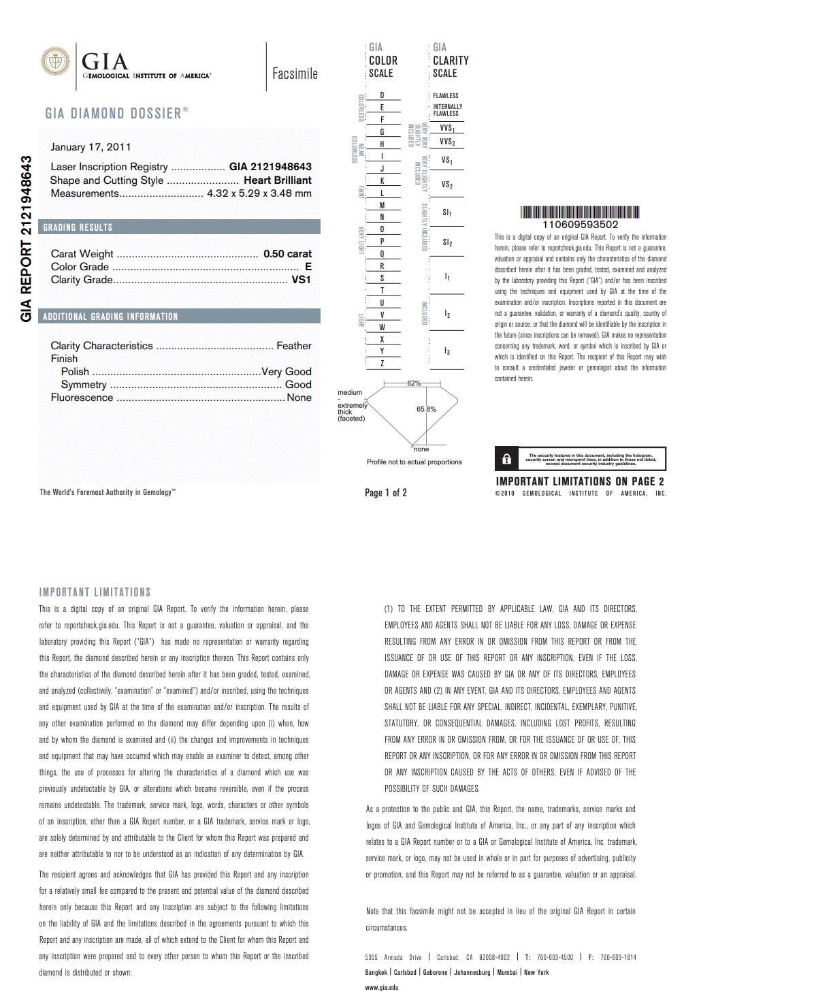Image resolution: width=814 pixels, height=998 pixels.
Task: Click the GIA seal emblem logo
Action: click(56, 61)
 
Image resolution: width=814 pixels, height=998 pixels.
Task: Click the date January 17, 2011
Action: click(91, 147)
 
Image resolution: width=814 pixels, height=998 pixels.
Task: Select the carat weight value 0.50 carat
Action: click(287, 254)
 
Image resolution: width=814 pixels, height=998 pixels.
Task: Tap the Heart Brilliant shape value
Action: click(277, 180)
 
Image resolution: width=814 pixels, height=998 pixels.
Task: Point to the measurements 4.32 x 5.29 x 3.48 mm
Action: click(259, 193)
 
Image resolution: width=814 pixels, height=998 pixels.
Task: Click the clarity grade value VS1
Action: click(301, 280)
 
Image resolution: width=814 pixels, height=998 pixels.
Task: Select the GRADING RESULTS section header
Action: click(78, 227)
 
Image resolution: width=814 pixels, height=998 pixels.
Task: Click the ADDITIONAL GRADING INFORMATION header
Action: click(110, 317)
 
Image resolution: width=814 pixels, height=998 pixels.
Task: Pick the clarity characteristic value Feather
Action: click(293, 346)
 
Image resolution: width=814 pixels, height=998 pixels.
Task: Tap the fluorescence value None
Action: click(299, 398)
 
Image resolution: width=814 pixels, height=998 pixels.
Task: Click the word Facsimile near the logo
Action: click(295, 74)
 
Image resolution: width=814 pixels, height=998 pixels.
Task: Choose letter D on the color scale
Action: click(382, 95)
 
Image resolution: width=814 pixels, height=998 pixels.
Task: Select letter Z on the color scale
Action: click(382, 364)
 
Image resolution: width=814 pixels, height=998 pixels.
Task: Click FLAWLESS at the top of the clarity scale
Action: click(446, 96)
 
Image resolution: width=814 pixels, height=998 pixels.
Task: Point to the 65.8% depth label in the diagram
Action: click(426, 409)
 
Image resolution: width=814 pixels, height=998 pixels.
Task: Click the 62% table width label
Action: click(414, 383)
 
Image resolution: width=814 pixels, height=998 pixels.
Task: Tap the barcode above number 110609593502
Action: click(580, 212)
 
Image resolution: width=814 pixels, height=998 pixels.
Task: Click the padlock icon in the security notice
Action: click(506, 460)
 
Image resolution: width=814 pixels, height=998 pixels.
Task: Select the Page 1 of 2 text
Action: click(386, 493)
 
